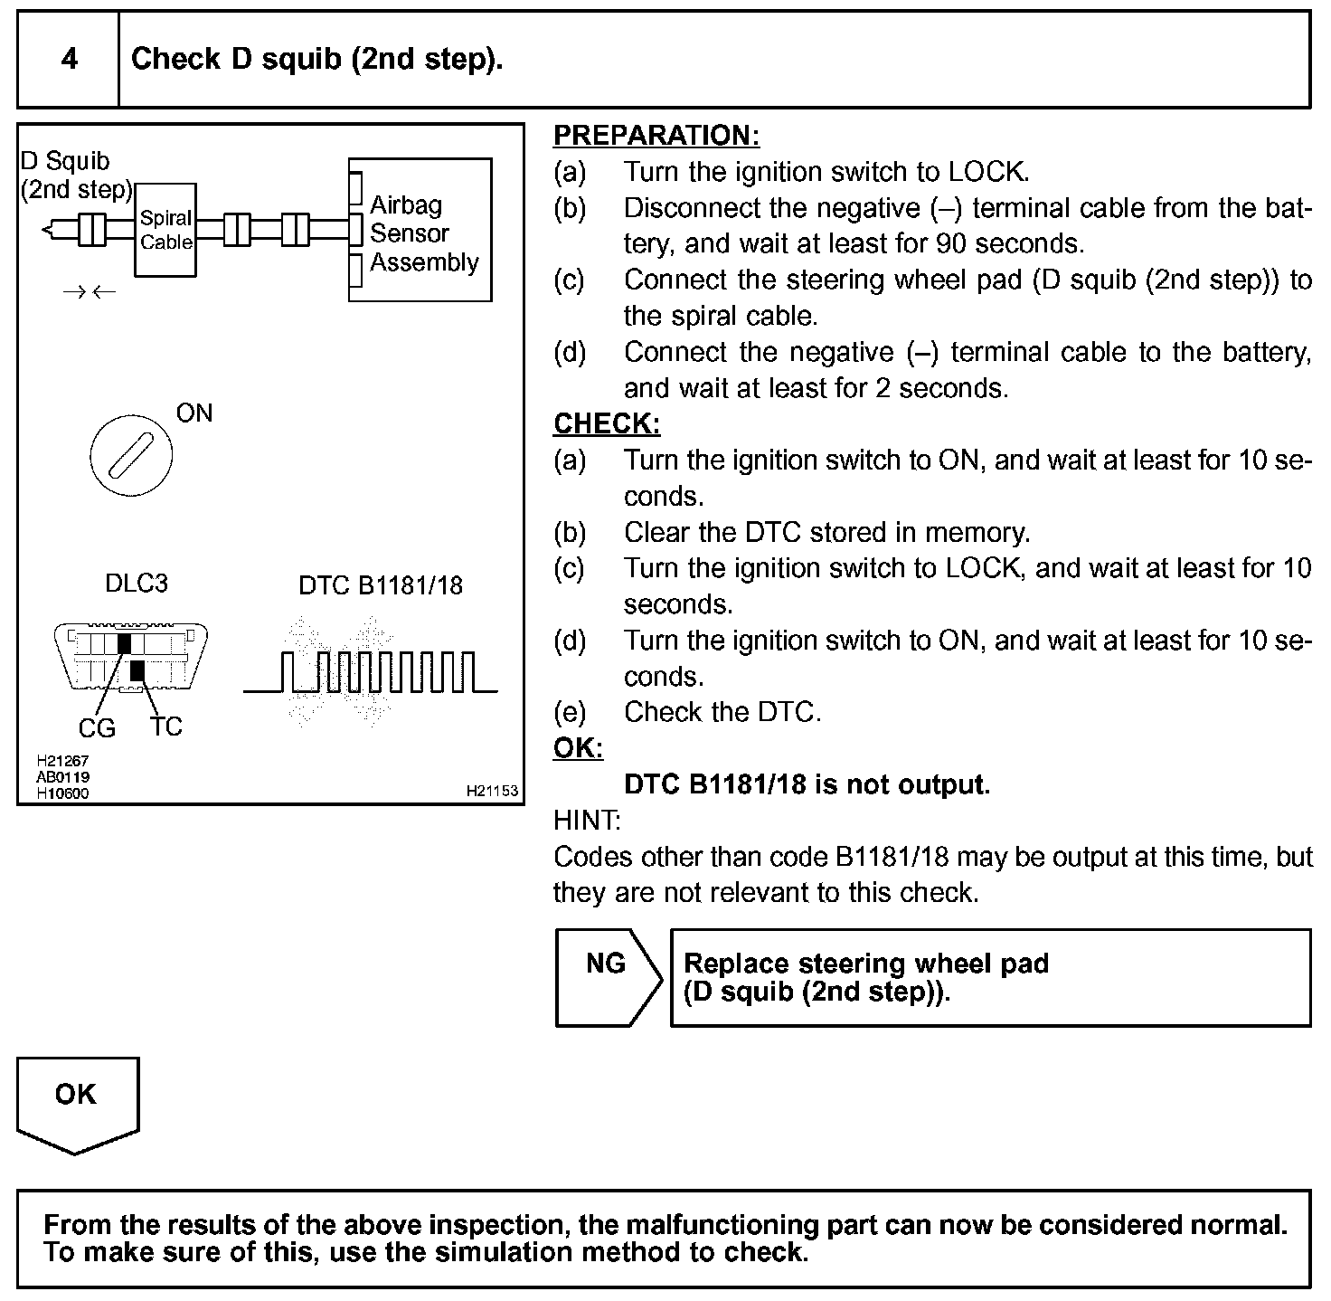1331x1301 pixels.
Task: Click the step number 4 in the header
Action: [x=69, y=60]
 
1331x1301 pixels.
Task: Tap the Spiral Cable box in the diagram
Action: [x=165, y=230]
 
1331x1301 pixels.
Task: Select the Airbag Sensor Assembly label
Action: [x=423, y=233]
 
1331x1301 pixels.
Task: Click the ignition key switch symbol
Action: [x=131, y=455]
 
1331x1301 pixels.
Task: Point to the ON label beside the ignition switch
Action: [x=194, y=413]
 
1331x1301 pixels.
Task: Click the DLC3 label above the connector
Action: [x=137, y=584]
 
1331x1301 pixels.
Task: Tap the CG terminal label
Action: [x=97, y=728]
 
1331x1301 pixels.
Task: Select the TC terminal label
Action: [x=166, y=726]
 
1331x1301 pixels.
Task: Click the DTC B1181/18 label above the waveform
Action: [x=380, y=586]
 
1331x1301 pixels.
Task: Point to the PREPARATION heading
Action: [x=656, y=136]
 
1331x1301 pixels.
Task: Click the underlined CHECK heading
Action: [x=607, y=424]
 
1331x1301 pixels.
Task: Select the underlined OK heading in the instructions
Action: [x=578, y=749]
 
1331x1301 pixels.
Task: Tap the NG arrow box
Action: [x=607, y=977]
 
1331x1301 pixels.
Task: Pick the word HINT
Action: [x=587, y=821]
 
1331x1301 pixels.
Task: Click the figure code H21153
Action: [x=492, y=791]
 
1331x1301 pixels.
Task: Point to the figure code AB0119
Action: [x=62, y=777]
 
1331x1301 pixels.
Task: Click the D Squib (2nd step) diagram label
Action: [x=76, y=176]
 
